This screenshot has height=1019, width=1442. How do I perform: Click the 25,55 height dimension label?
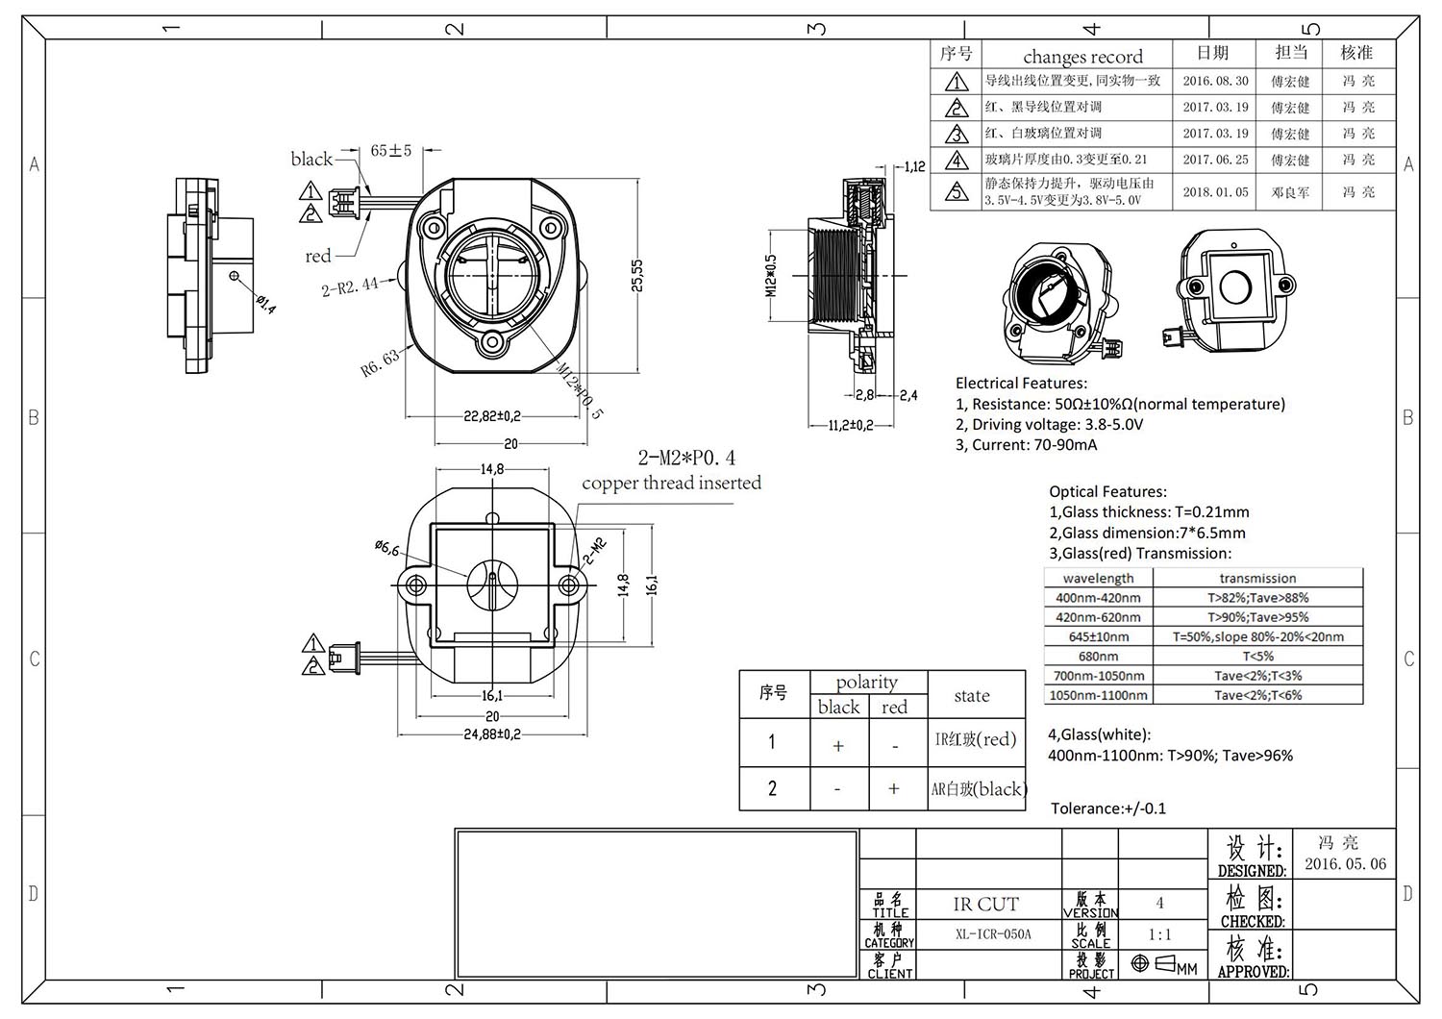(637, 276)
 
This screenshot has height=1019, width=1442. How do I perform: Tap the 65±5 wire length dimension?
(391, 150)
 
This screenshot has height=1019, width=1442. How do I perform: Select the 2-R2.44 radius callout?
(350, 286)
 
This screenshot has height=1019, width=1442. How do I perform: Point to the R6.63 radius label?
(380, 363)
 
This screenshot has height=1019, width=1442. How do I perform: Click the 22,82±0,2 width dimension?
(491, 416)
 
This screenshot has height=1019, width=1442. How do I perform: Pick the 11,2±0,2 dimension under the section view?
(851, 425)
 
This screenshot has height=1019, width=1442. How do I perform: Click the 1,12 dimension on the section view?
(914, 166)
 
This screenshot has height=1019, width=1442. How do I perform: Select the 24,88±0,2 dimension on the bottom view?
(491, 734)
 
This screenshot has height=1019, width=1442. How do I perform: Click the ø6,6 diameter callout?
(386, 548)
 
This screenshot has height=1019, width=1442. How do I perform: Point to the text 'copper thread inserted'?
(671, 484)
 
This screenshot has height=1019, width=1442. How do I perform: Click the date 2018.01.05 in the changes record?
(1215, 192)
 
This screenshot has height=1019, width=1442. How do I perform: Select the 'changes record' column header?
(1082, 57)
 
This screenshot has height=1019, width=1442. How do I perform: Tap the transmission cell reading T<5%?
(1257, 657)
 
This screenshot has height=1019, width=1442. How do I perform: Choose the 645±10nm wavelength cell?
(1098, 637)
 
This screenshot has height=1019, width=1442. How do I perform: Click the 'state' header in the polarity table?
(971, 696)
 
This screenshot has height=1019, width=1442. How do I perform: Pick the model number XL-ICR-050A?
(993, 934)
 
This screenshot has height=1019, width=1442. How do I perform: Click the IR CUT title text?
(985, 905)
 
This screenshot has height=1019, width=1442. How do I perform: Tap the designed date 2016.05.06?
(1345, 864)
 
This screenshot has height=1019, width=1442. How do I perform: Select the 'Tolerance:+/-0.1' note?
(1107, 808)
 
